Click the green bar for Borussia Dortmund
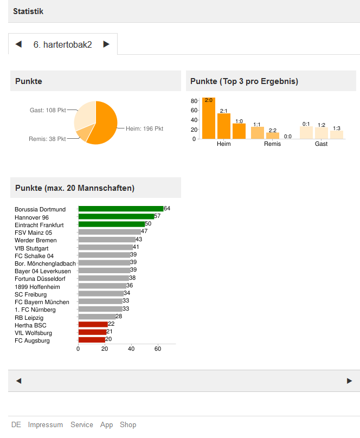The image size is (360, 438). pos(120,209)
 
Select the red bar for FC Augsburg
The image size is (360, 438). pos(92,340)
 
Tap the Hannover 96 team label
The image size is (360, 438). pos(31,217)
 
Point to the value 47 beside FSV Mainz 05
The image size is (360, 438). pos(144,231)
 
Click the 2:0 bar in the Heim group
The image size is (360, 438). pos(209,118)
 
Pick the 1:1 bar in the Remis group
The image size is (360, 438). pos(257,133)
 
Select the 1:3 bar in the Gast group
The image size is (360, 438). pos(337,134)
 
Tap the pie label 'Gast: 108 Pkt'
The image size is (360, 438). pos(47,110)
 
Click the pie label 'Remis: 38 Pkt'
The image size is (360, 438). pos(47,139)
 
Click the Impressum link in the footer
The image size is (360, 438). pos(46,424)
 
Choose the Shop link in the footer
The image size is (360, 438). pos(128,424)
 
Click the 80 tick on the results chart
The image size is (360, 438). pos(194,101)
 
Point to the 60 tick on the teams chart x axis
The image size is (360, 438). pos(158,349)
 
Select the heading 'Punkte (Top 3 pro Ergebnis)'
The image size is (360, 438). pos(244,81)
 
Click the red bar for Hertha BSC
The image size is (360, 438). pos(93,324)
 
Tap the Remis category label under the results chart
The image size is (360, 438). pos(272,144)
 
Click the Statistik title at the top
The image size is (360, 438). pos(28,11)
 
